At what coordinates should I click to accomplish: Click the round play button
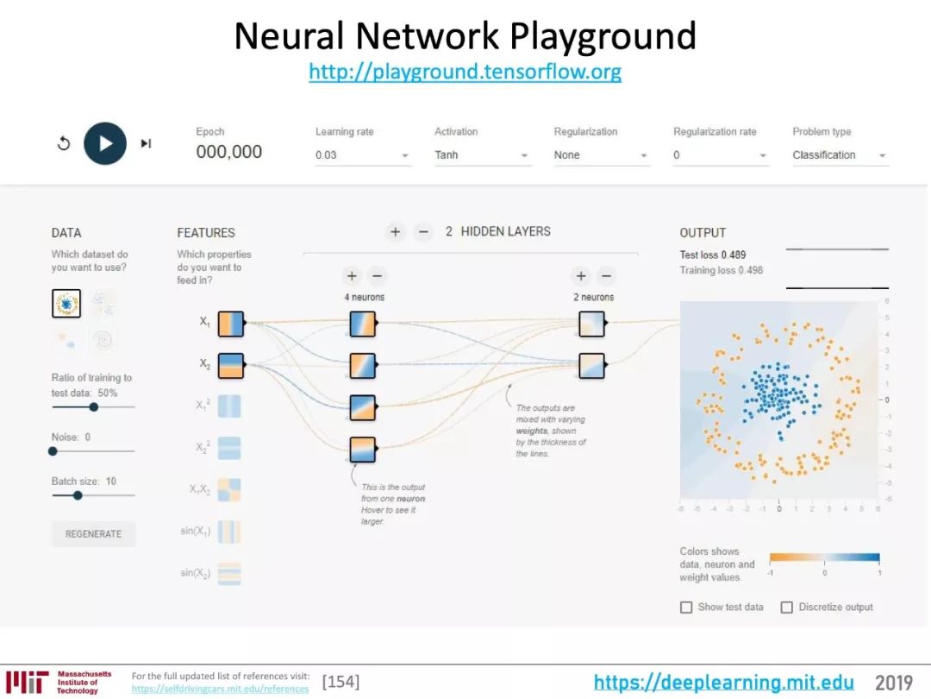click(105, 143)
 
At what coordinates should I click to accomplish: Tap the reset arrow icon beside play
click(64, 143)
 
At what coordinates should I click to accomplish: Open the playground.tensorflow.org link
click(465, 72)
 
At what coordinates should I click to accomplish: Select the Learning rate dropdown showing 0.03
click(362, 155)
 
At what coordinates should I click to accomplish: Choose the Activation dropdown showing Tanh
click(481, 155)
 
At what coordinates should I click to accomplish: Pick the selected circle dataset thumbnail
click(66, 304)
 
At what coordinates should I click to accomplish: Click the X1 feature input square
click(231, 324)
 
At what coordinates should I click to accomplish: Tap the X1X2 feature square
click(229, 490)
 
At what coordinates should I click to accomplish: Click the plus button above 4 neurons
click(352, 276)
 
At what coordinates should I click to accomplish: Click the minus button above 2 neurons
click(606, 276)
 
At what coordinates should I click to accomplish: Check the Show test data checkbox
click(686, 608)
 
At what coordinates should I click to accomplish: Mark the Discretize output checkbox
click(786, 608)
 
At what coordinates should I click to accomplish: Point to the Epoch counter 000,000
click(228, 152)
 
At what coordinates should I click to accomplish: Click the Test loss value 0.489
click(733, 255)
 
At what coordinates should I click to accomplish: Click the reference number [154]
click(341, 682)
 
